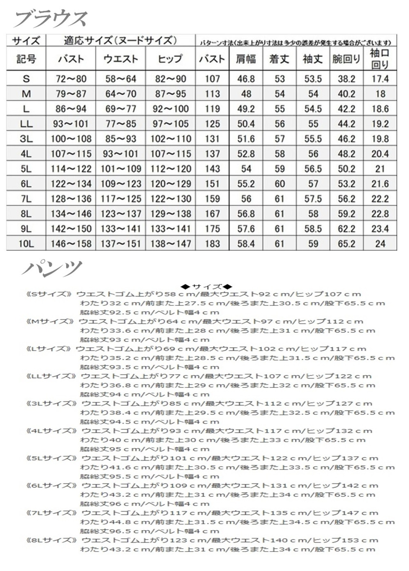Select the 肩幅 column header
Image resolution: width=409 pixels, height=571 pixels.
point(246,59)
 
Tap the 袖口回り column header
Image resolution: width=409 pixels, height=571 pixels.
point(380,59)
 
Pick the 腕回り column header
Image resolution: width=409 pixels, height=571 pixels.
point(346,59)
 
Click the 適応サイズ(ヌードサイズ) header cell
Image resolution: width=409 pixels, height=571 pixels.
point(120,41)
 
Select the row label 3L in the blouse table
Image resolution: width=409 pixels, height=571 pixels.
point(26,139)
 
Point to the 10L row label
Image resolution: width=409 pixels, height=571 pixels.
point(26,244)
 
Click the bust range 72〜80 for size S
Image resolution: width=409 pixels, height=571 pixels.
point(71,79)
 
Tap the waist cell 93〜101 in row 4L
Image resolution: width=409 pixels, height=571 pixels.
point(121,154)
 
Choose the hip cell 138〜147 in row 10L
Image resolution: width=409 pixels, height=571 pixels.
point(171,244)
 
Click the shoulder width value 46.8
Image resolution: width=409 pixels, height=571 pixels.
point(246,79)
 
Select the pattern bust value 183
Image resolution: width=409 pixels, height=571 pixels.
point(212,244)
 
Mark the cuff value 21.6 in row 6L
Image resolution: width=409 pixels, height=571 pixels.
point(380,184)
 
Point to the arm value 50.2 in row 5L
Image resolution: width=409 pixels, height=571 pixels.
point(346,169)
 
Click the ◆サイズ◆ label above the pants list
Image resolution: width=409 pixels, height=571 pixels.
point(206,287)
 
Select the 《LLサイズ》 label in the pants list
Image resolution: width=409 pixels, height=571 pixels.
point(51,376)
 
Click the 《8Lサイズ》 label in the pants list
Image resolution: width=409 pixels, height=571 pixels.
point(51,540)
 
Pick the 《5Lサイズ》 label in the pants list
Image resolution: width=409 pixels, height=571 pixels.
point(51,458)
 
